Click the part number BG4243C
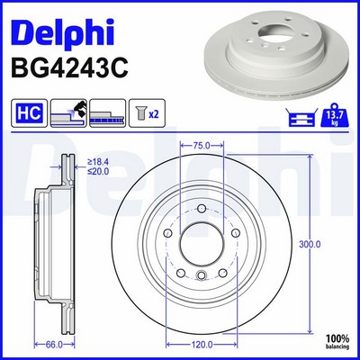tap(69, 67)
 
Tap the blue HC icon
tap(30, 113)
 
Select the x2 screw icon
tap(147, 113)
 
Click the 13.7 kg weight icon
tap(335, 115)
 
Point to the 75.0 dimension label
tap(201, 146)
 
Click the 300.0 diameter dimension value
tap(310, 245)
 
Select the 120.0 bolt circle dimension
tap(202, 345)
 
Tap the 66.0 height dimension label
tap(54, 345)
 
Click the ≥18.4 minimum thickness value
tap(98, 162)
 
